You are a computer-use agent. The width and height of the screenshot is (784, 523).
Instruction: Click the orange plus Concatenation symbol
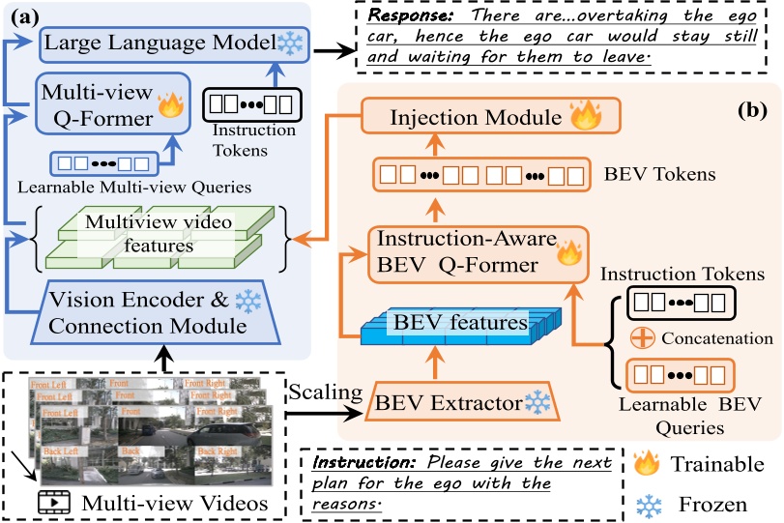(637, 340)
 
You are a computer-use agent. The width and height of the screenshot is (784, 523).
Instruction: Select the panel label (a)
(25, 18)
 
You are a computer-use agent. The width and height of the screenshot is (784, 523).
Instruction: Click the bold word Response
(399, 18)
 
